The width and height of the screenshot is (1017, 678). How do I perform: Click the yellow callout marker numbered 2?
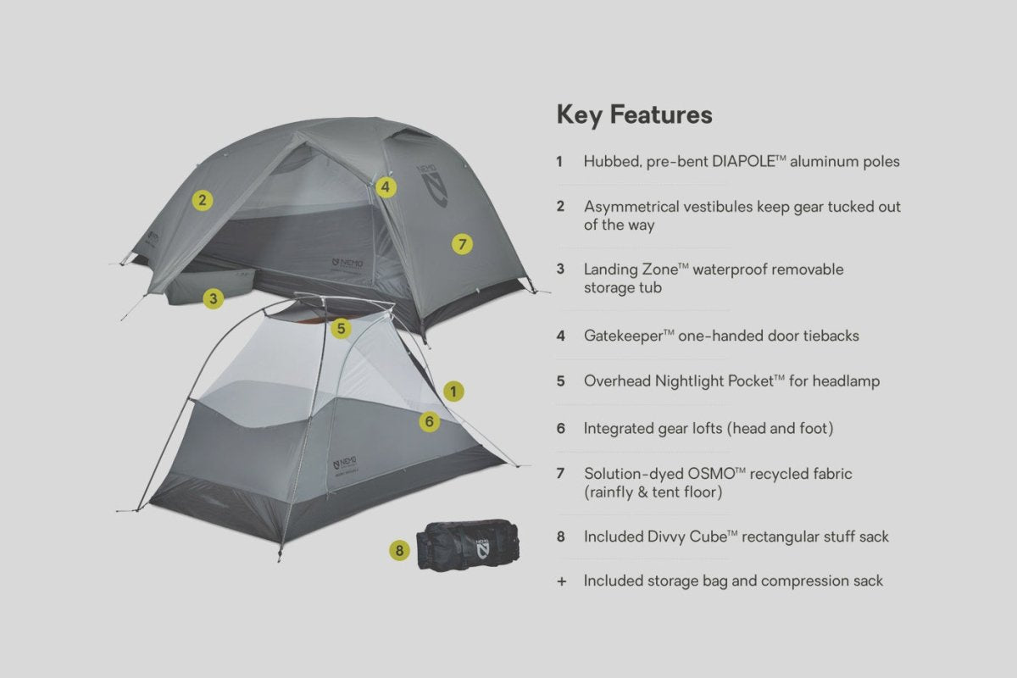(203, 200)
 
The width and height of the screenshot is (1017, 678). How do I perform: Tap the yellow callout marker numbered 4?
(386, 187)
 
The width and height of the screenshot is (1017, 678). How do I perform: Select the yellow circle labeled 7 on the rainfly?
(462, 244)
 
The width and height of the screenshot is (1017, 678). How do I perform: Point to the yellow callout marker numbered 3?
(213, 299)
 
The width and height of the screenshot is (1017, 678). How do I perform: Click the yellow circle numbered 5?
(341, 328)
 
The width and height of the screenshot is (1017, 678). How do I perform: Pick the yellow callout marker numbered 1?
(453, 392)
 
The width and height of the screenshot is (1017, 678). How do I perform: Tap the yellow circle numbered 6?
(429, 422)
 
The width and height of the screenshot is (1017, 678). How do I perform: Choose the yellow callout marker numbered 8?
(399, 551)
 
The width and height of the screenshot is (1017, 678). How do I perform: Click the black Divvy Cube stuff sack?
(468, 546)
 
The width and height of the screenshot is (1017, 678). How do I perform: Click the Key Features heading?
(634, 115)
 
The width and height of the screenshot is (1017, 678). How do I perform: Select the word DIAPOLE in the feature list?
(743, 161)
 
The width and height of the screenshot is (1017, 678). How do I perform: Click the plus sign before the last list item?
(562, 581)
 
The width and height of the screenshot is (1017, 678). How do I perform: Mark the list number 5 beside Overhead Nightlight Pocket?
(561, 381)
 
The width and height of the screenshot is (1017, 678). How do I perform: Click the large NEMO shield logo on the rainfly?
(433, 186)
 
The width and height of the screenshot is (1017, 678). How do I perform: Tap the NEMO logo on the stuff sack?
(482, 549)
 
